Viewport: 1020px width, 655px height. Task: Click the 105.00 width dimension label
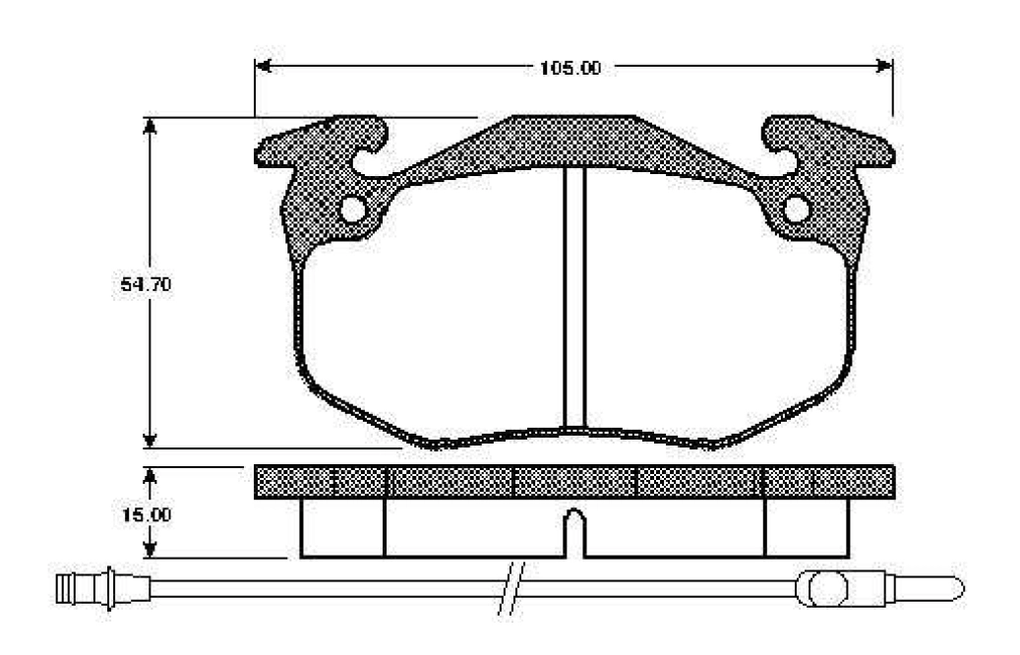570,68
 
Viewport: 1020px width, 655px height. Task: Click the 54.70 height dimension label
147,284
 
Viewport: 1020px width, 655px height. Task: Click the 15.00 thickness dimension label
147,514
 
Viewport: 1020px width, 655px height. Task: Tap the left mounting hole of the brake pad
353,208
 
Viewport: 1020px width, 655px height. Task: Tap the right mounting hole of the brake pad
796,208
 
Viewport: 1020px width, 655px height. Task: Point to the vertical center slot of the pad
574,297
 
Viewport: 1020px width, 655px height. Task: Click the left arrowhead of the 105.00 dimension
263,66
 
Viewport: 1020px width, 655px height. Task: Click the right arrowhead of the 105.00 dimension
884,66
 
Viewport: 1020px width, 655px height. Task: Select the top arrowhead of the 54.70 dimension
150,126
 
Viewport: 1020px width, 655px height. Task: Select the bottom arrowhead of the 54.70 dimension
150,439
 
